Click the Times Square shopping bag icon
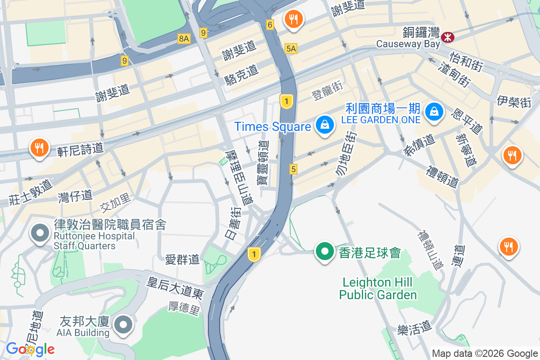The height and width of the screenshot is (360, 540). [x=324, y=126]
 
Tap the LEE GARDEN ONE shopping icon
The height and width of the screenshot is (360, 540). [x=434, y=110]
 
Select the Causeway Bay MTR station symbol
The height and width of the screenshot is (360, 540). [x=447, y=37]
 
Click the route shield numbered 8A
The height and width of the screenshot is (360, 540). [x=184, y=39]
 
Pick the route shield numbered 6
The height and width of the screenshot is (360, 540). [x=270, y=25]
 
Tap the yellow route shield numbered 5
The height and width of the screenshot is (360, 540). [x=293, y=169]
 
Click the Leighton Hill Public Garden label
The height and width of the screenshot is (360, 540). [x=378, y=288]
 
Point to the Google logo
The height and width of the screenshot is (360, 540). [x=30, y=349]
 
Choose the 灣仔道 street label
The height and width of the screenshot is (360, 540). [x=75, y=196]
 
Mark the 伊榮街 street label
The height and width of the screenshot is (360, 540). [x=514, y=101]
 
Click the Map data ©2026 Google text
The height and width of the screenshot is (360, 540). [x=485, y=353]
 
